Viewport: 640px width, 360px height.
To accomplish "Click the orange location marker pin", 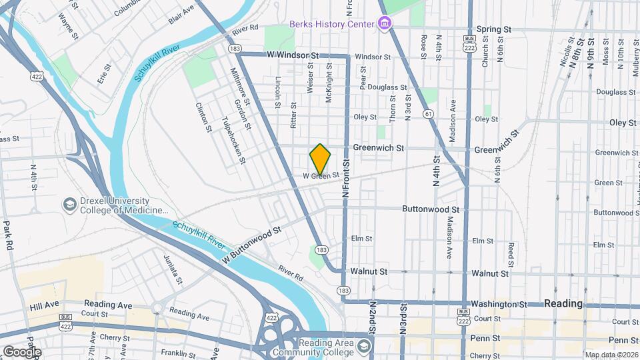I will pos(320,159).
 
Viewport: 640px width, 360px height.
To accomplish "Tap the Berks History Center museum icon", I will pos(384,25).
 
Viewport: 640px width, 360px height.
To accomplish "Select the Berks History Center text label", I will pos(331,24).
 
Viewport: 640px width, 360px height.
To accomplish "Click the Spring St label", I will pos(494,30).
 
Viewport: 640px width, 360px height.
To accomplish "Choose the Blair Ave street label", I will pos(181,15).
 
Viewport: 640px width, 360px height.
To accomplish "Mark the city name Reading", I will pos(563,303).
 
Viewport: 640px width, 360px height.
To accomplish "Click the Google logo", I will pos(22,351).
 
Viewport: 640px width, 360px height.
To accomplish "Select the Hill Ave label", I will pos(44,305).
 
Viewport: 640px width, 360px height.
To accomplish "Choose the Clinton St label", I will pos(203,116).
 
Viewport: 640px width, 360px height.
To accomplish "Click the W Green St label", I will pos(321,175).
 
